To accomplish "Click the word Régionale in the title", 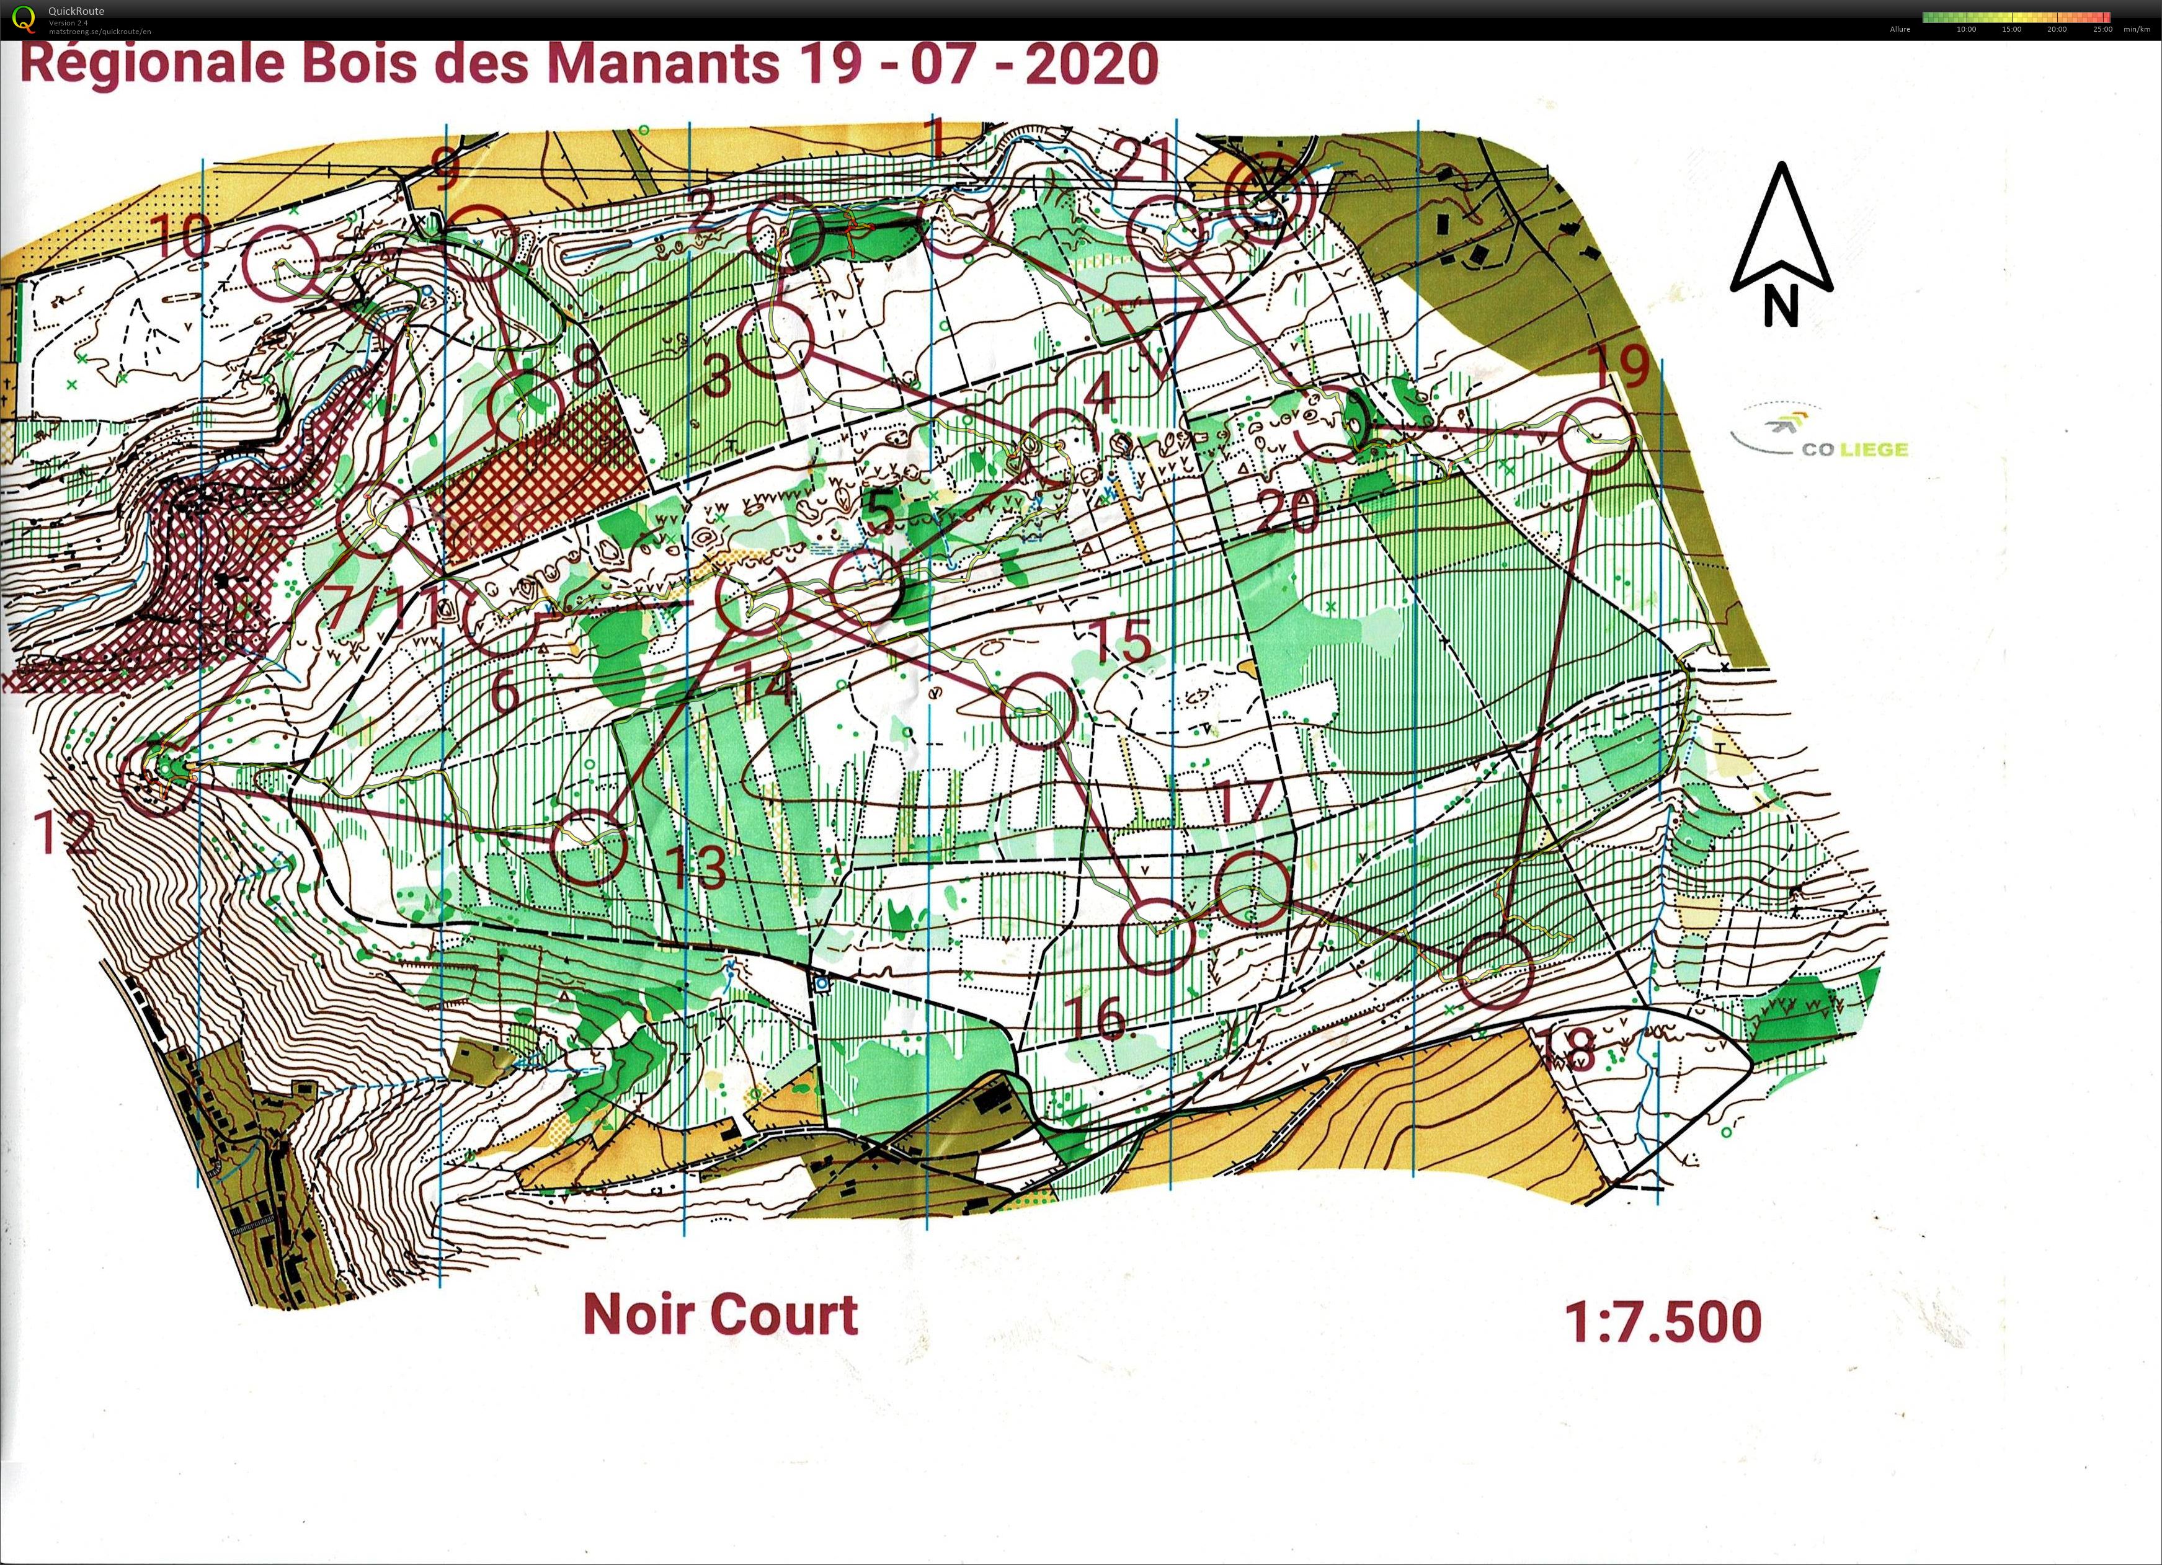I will point(153,65).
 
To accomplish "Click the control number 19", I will point(1621,367).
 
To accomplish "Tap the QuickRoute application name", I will point(76,11).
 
